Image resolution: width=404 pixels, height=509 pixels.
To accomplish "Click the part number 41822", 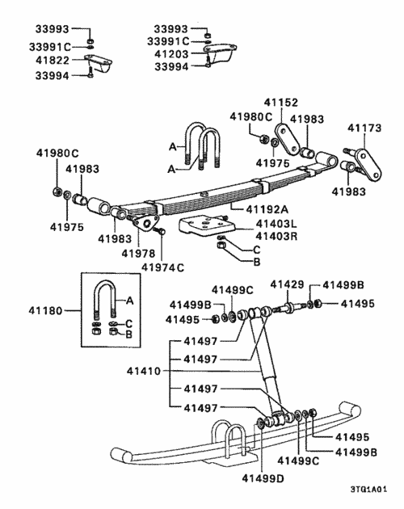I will coord(54,61).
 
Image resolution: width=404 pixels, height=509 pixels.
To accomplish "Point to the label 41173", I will coord(366,128).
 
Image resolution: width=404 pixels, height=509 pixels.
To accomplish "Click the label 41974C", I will coord(162,267).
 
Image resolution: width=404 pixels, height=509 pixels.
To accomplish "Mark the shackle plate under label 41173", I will coord(364,162).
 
